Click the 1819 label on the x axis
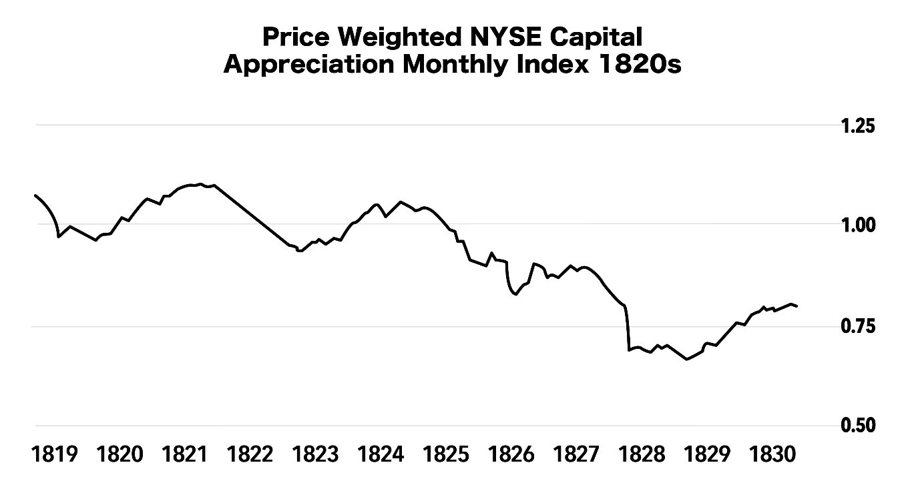(x=55, y=456)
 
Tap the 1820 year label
(x=120, y=456)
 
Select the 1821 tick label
(x=185, y=456)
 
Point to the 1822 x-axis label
(x=250, y=456)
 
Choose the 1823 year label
(x=316, y=456)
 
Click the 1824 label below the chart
(x=381, y=456)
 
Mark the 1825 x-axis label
(x=446, y=456)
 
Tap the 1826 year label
(x=511, y=456)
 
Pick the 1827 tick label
(x=577, y=456)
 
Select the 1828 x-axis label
(x=642, y=456)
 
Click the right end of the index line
(x=797, y=306)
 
